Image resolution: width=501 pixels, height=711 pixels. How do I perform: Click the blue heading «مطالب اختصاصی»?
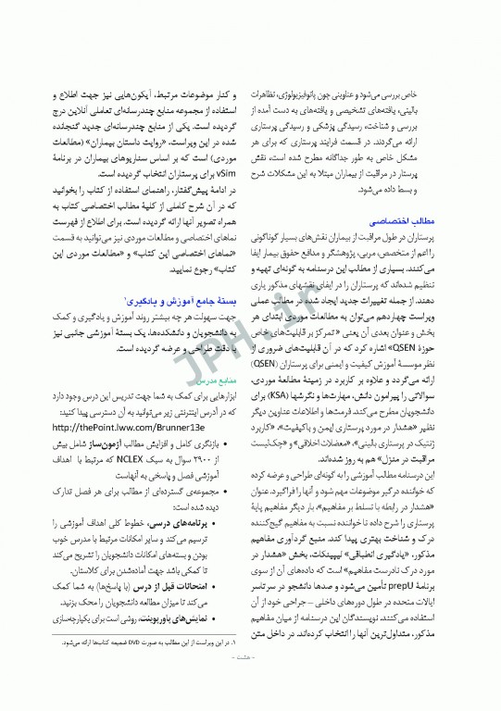[396, 222]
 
